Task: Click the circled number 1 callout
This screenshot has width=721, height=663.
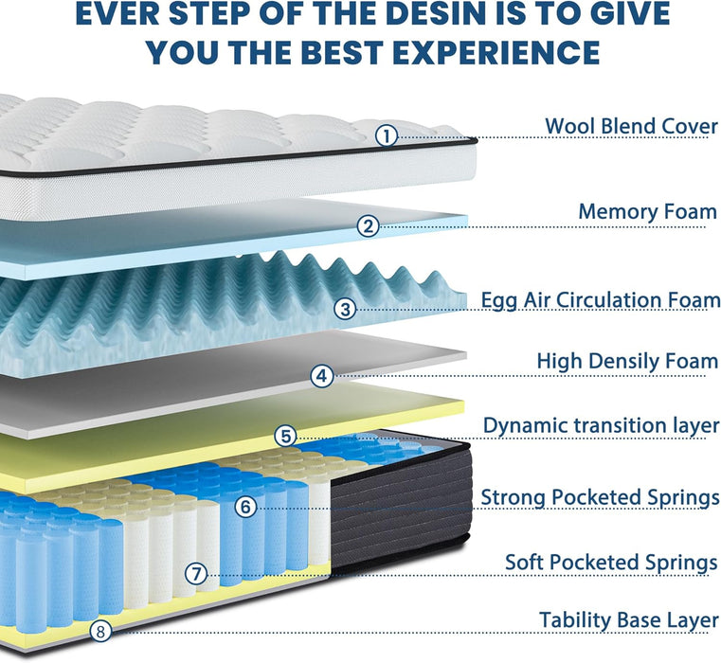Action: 387,135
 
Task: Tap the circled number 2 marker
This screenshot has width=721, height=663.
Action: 369,226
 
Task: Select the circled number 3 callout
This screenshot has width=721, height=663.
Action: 345,309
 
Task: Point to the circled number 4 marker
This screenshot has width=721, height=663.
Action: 322,376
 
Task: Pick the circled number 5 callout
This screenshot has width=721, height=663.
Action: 286,436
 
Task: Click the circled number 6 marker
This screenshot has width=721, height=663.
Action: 246,507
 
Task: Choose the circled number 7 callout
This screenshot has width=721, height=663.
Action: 196,574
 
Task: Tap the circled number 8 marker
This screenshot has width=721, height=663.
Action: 100,631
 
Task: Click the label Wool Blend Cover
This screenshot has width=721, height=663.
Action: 631,126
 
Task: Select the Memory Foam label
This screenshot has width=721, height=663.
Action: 647,212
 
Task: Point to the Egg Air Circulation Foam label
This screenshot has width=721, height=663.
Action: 601,300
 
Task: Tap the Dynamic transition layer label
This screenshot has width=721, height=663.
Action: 602,425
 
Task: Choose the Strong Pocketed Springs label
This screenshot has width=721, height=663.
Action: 600,497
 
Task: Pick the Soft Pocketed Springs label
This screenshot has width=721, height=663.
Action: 611,563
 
